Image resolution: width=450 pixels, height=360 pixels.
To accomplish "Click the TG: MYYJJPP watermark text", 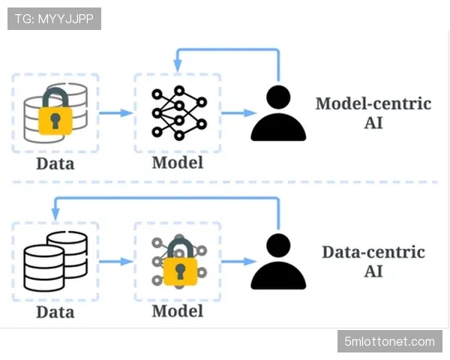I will click(54, 18).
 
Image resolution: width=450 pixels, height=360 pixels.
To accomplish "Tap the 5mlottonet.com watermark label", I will click(389, 342).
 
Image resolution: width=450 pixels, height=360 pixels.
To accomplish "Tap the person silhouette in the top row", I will click(278, 114).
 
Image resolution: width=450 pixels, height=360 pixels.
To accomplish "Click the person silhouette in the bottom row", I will click(278, 262).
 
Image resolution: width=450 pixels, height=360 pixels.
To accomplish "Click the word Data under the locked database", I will click(55, 163).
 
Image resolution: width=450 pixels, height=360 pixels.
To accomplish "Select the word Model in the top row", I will click(177, 162).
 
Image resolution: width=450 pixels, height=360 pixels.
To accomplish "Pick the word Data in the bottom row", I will click(55, 310).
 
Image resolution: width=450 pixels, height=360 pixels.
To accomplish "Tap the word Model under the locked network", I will click(177, 310).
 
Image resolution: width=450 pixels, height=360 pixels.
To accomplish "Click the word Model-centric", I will click(373, 103).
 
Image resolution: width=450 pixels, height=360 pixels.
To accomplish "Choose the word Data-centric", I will click(373, 251).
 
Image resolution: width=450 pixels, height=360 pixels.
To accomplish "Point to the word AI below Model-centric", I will click(373, 122).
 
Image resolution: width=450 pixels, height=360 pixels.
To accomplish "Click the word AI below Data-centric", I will click(373, 270).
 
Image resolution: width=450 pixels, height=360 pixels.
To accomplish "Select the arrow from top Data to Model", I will click(115, 113).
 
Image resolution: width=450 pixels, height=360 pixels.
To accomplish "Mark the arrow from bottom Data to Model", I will click(115, 262).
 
